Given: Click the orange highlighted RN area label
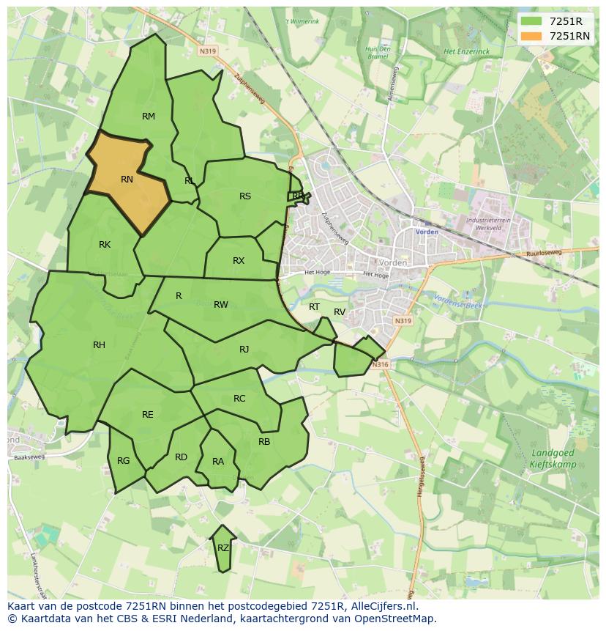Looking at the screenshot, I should pyautogui.click(x=127, y=180).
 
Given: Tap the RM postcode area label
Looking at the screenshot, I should pyautogui.click(x=149, y=117).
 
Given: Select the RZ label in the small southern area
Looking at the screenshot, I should pyautogui.click(x=223, y=547).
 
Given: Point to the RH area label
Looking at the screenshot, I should pyautogui.click(x=99, y=345).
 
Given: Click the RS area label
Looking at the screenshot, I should pyautogui.click(x=245, y=196).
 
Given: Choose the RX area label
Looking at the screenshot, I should pyautogui.click(x=239, y=261).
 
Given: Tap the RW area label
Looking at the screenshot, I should pyautogui.click(x=221, y=305).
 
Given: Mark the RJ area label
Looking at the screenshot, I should pyautogui.click(x=244, y=350).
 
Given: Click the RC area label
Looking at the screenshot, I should pyautogui.click(x=239, y=399).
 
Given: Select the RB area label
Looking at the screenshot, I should pyautogui.click(x=264, y=442).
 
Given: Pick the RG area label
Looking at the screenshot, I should pyautogui.click(x=123, y=461).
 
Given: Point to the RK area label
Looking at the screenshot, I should pyautogui.click(x=105, y=245).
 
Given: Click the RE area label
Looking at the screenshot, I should pyautogui.click(x=148, y=415).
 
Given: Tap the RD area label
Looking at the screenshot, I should pyautogui.click(x=181, y=457).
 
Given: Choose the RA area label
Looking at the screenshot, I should pyautogui.click(x=218, y=462).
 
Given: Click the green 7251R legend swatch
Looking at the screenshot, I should pyautogui.click(x=532, y=22).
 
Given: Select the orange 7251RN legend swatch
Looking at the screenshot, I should pyautogui.click(x=532, y=36).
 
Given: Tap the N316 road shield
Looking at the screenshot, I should pyautogui.click(x=378, y=365).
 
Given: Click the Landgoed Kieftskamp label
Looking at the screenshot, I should pyautogui.click(x=553, y=459).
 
